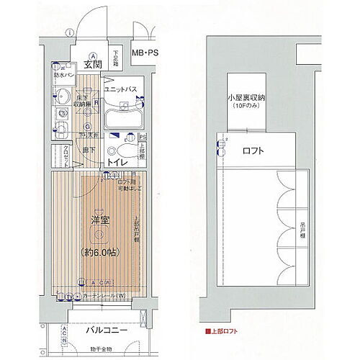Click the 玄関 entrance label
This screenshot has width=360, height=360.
[x=91, y=65]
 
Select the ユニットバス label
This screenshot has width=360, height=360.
[x=126, y=89]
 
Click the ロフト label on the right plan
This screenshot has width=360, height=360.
[x=253, y=151]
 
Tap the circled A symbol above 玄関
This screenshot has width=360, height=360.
[x=93, y=55]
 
